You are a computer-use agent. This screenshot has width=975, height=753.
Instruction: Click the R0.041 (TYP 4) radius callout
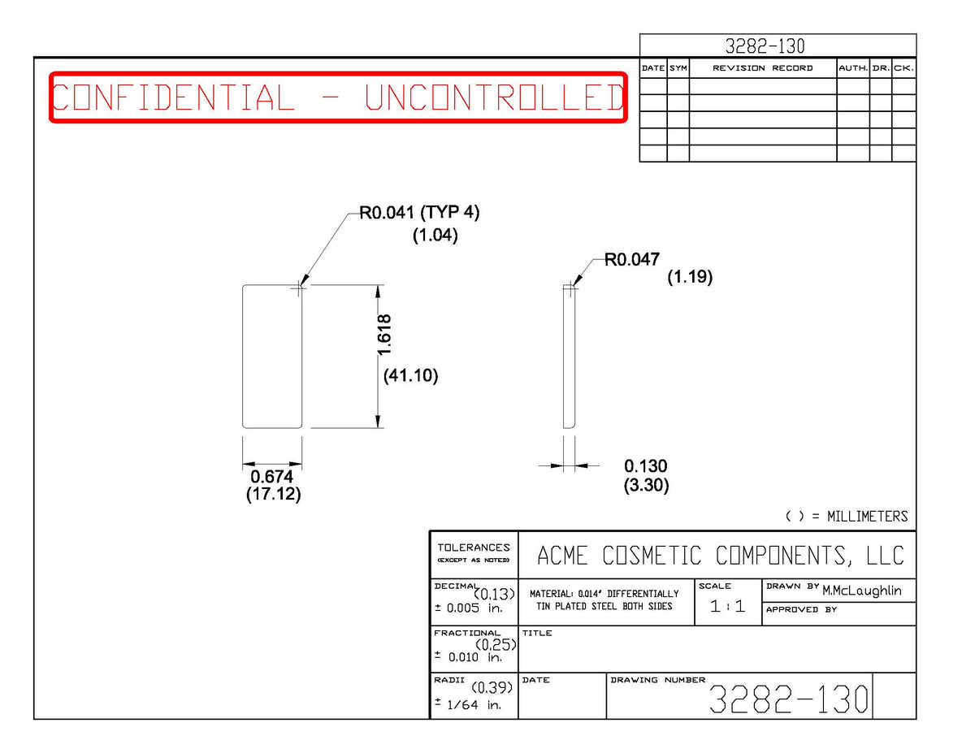pos(419,212)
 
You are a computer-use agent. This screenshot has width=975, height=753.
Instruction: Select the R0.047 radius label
pos(632,259)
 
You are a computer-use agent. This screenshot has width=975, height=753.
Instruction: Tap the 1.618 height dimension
pos(384,335)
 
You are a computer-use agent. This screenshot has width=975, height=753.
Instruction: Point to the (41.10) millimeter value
pos(410,375)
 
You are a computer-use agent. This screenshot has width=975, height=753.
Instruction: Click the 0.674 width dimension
pos(271,476)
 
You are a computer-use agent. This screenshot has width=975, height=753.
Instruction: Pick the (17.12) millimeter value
pos(273,494)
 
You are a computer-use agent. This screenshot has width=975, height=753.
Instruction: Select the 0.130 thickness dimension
pos(646,466)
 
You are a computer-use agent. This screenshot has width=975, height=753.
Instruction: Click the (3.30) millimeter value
pos(646,485)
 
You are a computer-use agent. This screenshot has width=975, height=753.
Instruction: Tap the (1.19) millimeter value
pos(690,277)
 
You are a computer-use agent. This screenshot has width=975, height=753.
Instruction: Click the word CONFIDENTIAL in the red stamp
pos(173,97)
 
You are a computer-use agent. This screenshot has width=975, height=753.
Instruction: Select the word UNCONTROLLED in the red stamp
pos(494,97)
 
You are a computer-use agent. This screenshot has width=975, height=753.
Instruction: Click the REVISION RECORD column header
pos(762,68)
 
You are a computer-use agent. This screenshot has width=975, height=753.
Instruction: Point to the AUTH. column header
pos(853,68)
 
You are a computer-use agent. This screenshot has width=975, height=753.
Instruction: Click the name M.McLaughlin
pos(861,591)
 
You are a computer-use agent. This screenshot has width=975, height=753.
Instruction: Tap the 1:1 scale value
pos(727,606)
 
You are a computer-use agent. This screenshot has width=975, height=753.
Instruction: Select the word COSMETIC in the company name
pos(652,556)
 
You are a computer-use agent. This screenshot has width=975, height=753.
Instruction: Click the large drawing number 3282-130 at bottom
pos(788,699)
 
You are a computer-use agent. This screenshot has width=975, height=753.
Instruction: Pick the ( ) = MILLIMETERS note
pos(847,516)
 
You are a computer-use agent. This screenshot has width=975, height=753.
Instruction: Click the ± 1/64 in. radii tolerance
pos(468,704)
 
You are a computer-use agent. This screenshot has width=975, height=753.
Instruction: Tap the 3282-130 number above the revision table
pos(765,46)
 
